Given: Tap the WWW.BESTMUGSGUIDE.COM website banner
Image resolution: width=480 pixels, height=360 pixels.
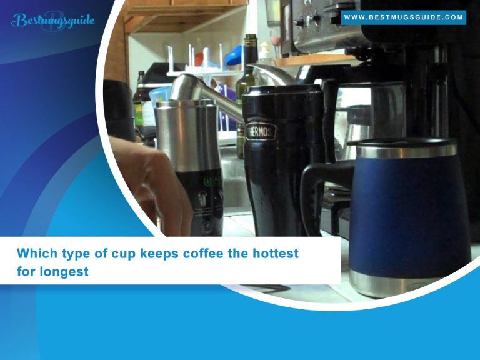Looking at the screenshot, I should (x=404, y=17).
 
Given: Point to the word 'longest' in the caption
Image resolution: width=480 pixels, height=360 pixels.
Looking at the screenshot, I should (x=63, y=272).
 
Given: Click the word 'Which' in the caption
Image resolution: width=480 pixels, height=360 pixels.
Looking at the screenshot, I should (x=35, y=254).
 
